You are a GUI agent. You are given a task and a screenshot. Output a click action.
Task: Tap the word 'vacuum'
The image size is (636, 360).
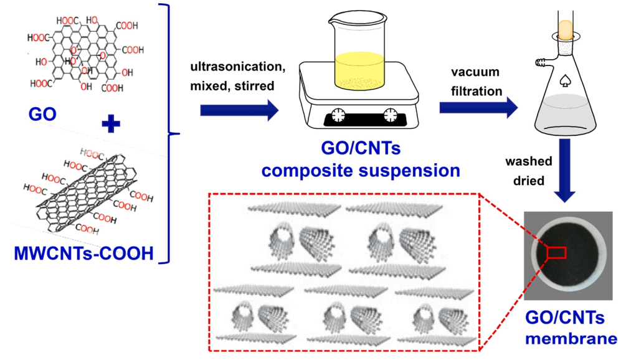(477, 73)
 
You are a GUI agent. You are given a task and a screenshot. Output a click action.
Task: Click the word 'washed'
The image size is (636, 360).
(528, 161)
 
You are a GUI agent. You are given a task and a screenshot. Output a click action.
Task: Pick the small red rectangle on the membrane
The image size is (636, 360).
(556, 252)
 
